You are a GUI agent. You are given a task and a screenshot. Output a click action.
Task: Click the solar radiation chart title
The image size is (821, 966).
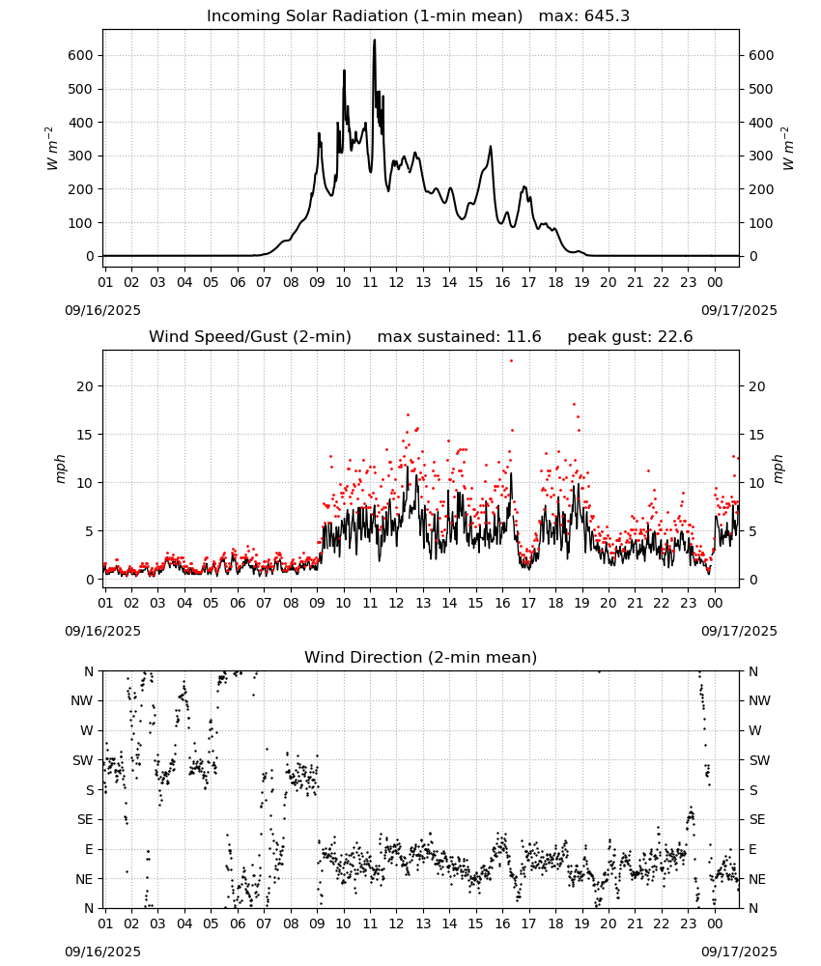tap(364, 16)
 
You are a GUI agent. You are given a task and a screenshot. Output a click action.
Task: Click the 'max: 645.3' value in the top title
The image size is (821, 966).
tap(584, 16)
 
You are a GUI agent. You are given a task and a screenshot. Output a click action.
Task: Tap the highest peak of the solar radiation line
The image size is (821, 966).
tap(375, 41)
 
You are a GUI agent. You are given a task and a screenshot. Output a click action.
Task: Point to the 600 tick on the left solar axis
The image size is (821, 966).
tap(81, 55)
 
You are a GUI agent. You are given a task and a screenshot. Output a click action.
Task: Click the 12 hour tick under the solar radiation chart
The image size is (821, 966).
tap(396, 282)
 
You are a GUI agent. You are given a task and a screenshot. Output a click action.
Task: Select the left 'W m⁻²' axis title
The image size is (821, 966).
tap(52, 149)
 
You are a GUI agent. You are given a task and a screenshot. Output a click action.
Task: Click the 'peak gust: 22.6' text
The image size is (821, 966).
tap(630, 337)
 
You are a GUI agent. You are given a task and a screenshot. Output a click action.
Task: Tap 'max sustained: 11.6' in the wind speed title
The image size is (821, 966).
tap(459, 337)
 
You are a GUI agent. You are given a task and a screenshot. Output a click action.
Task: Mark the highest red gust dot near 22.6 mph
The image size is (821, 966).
tap(511, 361)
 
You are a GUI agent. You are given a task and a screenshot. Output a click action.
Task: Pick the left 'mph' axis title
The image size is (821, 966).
tap(60, 469)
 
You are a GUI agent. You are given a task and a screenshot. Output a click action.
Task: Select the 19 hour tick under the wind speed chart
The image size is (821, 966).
tap(581, 603)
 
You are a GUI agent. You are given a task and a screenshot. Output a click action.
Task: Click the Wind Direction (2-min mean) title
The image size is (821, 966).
tap(421, 657)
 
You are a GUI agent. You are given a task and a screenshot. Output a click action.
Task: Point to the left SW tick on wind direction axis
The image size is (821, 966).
tap(83, 760)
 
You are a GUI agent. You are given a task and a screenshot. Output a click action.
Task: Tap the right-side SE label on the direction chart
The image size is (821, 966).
tap(757, 819)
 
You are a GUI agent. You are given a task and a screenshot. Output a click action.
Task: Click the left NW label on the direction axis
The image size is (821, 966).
tap(82, 700)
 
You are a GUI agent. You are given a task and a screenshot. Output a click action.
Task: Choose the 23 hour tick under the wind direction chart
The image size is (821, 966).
tap(688, 923)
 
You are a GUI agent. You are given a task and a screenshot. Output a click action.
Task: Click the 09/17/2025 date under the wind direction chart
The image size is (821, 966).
tap(739, 952)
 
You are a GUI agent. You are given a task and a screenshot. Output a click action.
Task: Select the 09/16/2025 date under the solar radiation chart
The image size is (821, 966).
tap(102, 310)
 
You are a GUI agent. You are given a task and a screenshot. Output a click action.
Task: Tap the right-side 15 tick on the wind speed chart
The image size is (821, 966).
tap(756, 435)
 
